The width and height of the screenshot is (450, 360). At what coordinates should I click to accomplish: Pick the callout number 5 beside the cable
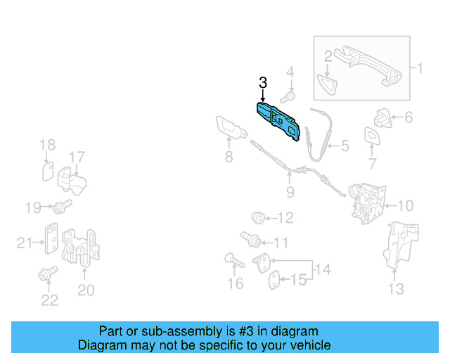(345, 147)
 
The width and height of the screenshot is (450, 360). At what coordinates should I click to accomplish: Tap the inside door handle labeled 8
(230, 129)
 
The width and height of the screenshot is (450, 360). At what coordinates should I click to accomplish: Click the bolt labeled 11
(250, 238)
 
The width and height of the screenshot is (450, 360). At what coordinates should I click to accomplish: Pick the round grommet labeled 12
(259, 217)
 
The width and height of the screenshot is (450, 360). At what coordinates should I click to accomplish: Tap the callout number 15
(300, 280)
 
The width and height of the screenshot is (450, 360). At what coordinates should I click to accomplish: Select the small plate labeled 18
(48, 170)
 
